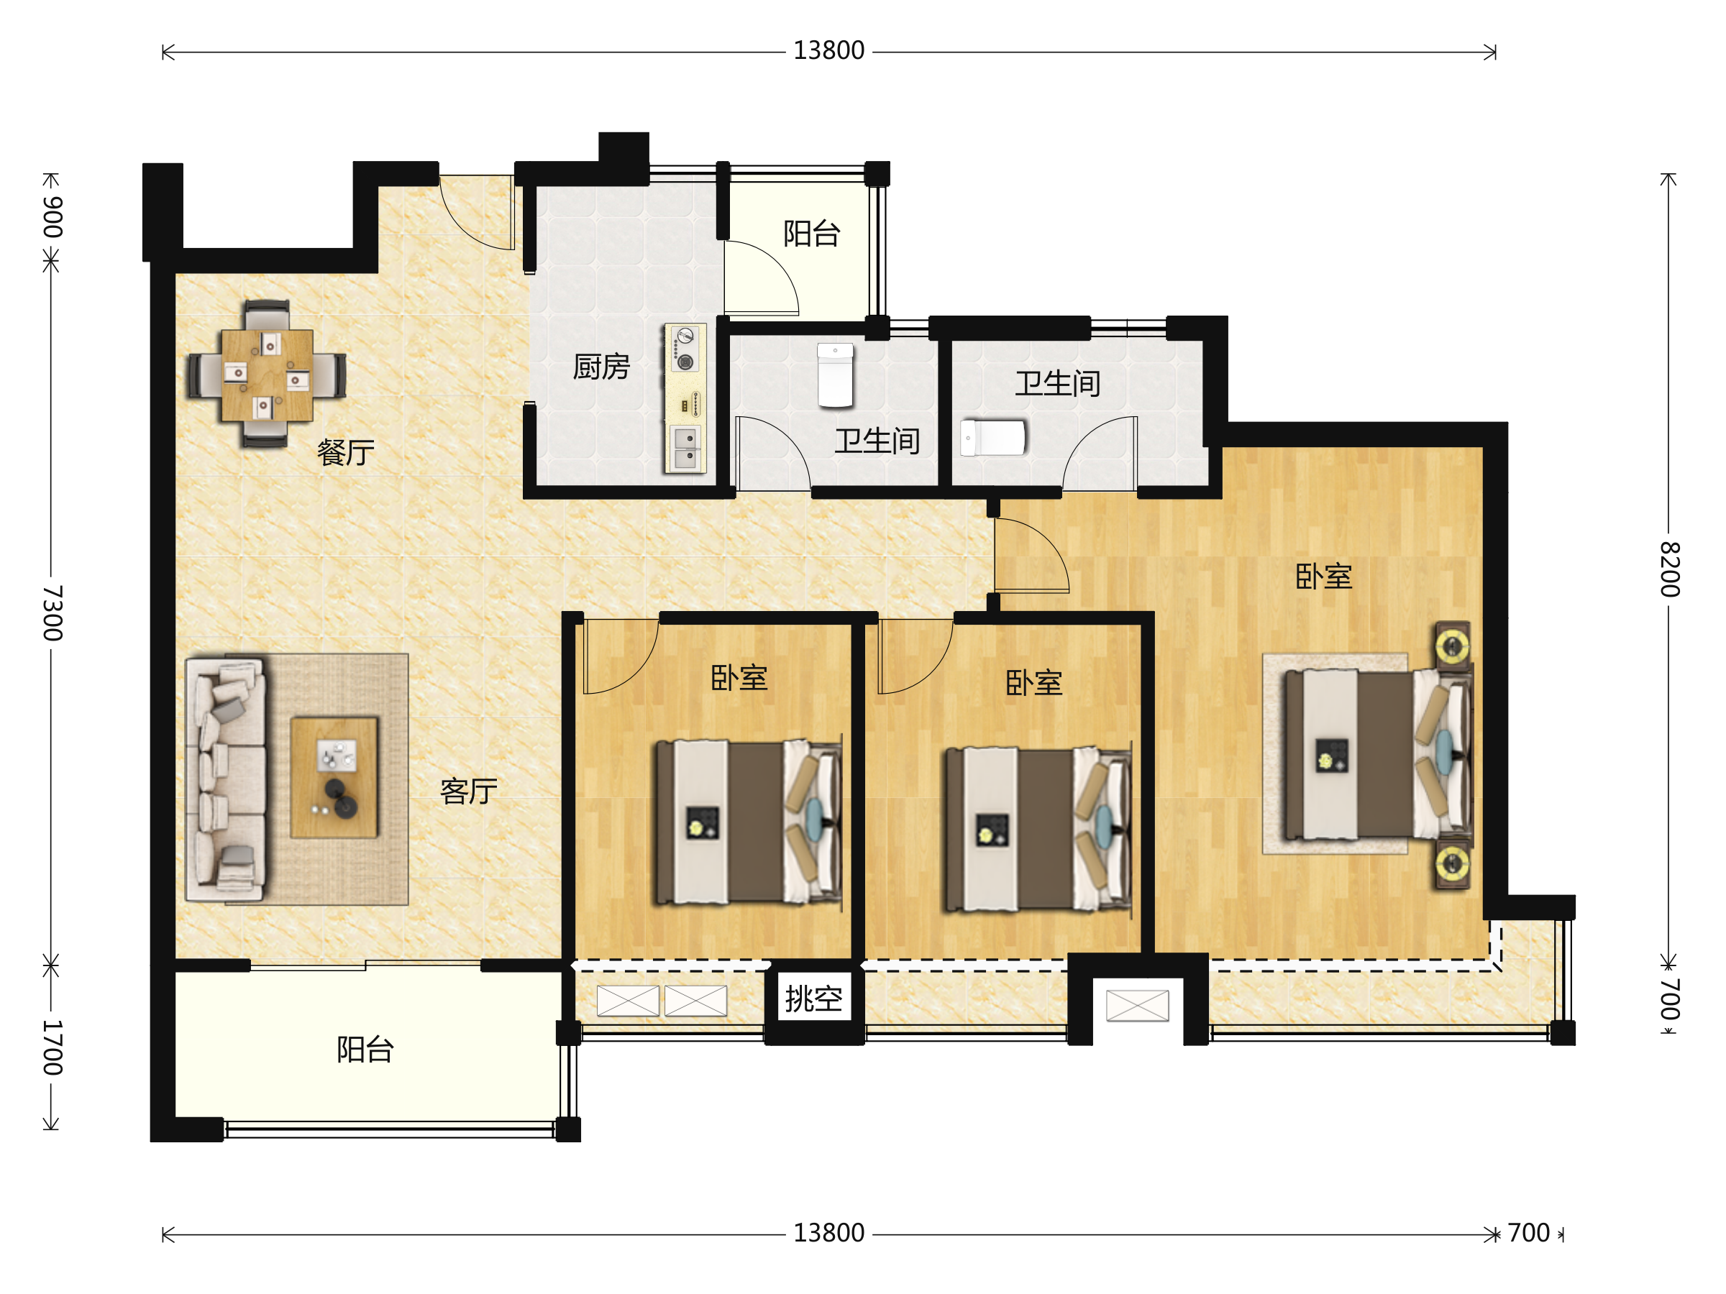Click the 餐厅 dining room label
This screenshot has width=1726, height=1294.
click(x=346, y=452)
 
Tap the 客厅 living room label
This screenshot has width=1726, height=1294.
click(x=469, y=791)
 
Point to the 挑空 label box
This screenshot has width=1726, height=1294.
click(x=814, y=999)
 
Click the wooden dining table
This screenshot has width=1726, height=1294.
click(x=267, y=375)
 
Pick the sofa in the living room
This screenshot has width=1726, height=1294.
click(x=226, y=779)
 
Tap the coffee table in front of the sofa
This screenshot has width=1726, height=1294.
click(x=334, y=778)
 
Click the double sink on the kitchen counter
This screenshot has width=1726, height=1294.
click(x=686, y=449)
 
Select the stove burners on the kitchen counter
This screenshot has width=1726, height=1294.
click(x=685, y=349)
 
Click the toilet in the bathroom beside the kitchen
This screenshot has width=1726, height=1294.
click(x=835, y=375)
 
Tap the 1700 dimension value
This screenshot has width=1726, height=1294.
click(x=52, y=1047)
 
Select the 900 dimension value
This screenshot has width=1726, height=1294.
click(x=52, y=218)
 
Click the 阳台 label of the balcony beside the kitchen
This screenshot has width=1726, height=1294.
click(x=811, y=233)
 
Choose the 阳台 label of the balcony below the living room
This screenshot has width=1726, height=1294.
click(x=365, y=1050)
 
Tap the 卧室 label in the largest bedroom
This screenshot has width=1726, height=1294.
click(x=1323, y=577)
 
